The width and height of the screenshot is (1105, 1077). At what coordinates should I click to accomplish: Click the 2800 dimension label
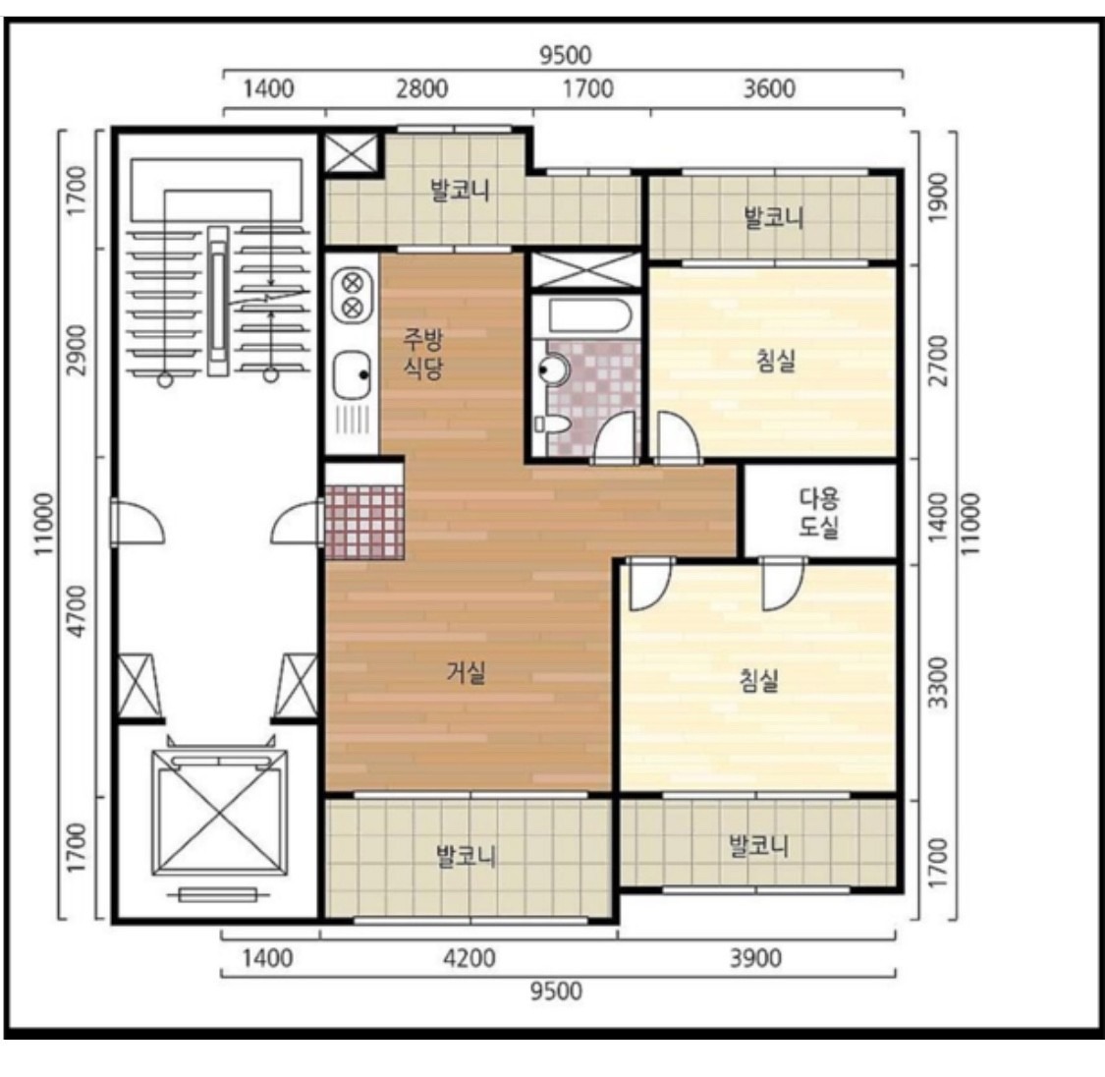[421, 88]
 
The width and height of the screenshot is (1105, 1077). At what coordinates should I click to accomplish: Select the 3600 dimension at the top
[769, 88]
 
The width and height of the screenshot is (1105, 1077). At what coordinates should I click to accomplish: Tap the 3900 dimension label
[754, 958]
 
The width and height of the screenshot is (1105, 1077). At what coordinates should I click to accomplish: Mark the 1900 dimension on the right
[938, 198]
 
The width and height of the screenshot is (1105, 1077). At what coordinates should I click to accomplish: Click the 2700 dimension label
[938, 361]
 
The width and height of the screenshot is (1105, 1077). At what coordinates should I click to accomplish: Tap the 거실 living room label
[466, 672]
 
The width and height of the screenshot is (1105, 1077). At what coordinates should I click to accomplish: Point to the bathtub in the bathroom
[585, 316]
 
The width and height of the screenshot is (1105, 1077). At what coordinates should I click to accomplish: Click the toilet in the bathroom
[553, 424]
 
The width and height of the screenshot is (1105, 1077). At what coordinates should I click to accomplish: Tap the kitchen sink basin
[352, 374]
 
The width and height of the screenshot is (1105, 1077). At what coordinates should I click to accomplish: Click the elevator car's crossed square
[220, 814]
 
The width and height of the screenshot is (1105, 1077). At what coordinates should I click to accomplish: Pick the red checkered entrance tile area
[364, 523]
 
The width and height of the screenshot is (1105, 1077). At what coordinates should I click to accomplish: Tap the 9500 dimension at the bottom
[556, 992]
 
